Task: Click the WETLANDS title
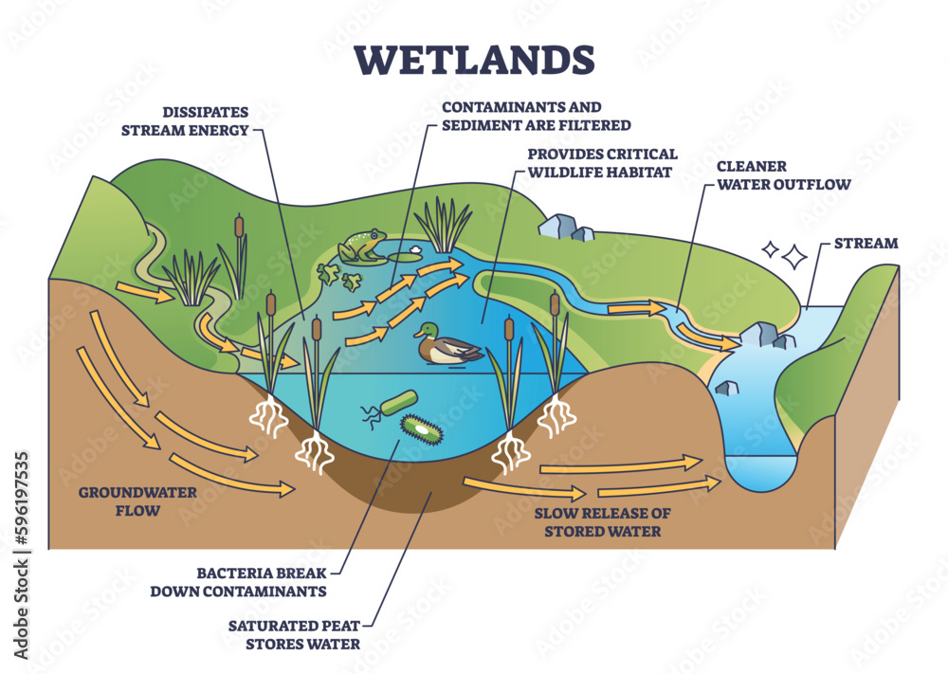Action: (x=474, y=58)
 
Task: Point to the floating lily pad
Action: (x=409, y=256)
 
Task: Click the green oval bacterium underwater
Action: (x=421, y=429)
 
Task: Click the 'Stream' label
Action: (x=865, y=244)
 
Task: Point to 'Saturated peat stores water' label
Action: (x=294, y=634)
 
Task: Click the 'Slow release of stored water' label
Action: (x=602, y=521)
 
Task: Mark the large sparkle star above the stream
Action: (x=794, y=256)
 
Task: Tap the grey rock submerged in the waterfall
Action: (x=727, y=386)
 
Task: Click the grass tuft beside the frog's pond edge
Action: (x=443, y=226)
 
